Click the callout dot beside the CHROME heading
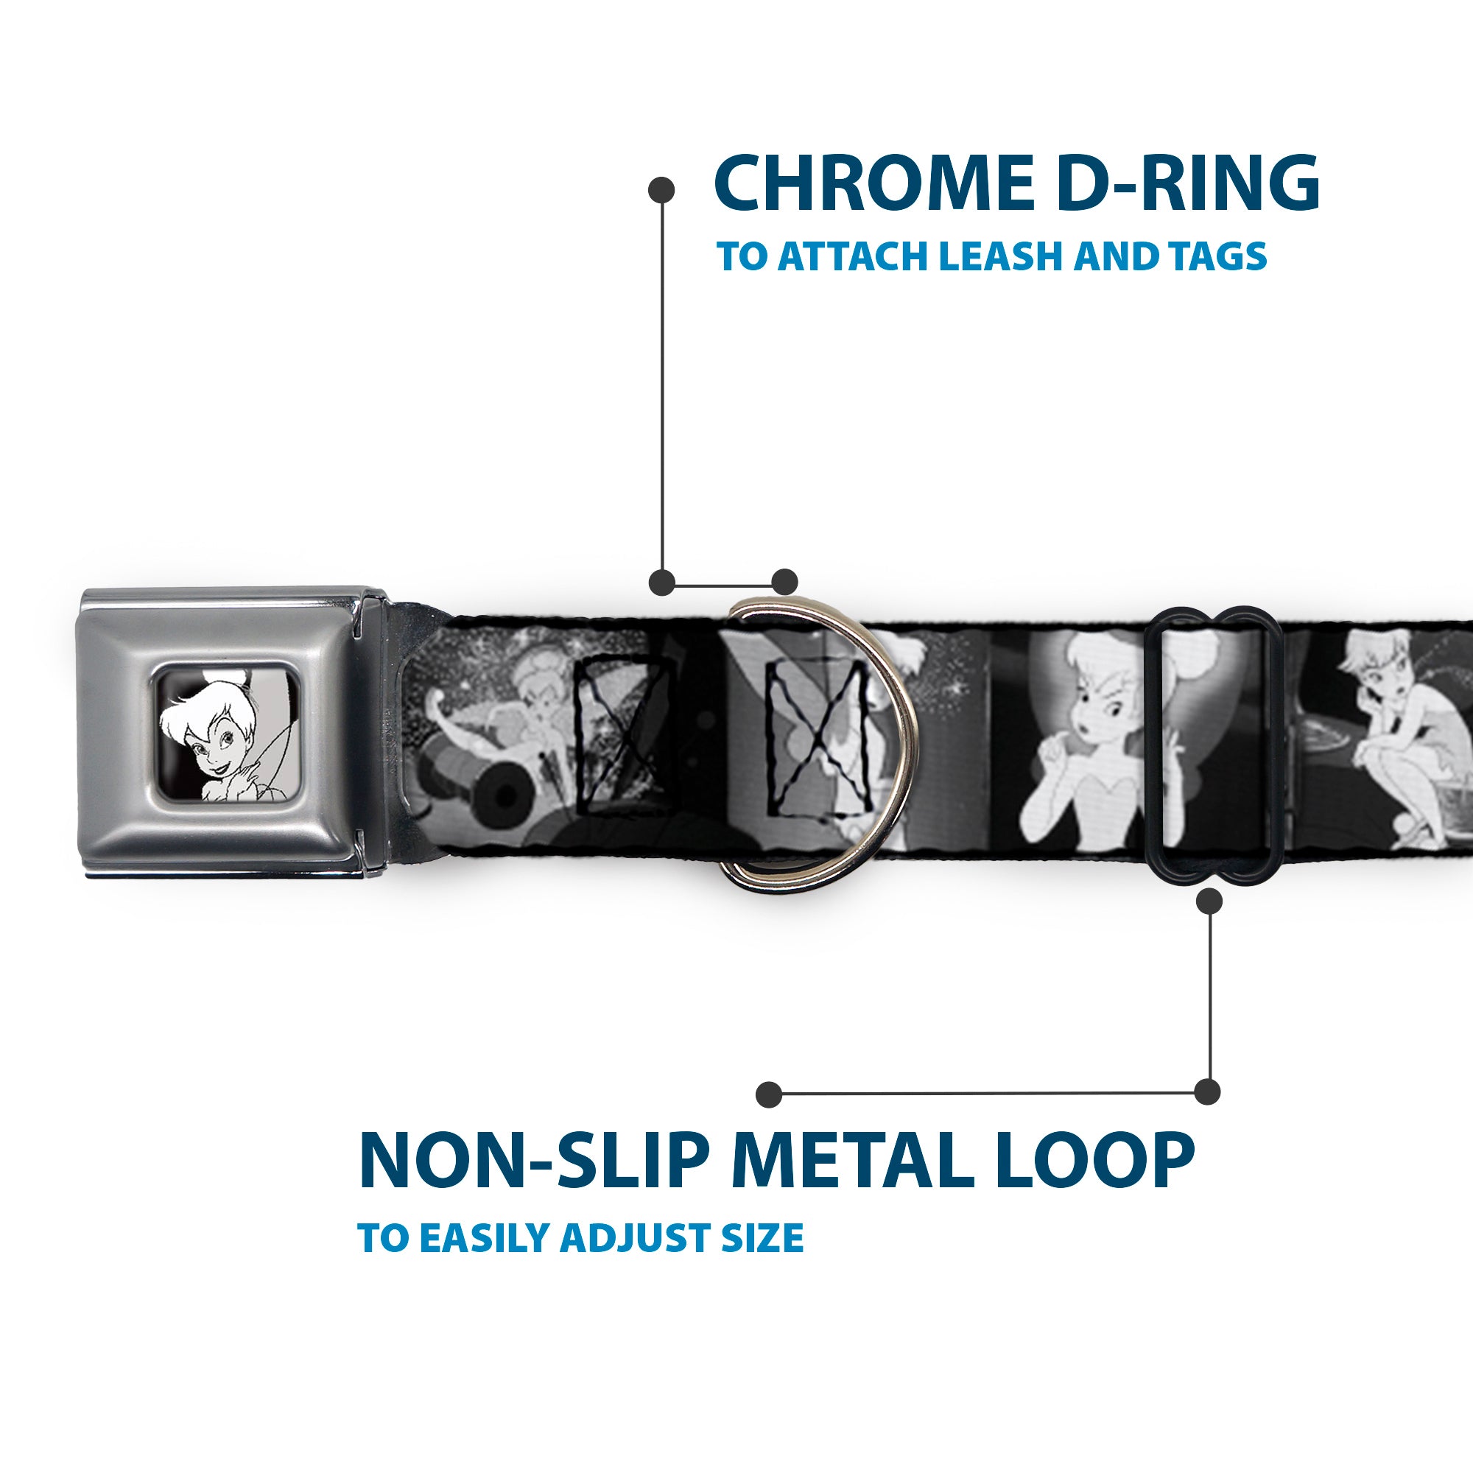tap(661, 190)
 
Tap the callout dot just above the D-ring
tap(784, 582)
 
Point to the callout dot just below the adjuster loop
tap(1209, 902)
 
